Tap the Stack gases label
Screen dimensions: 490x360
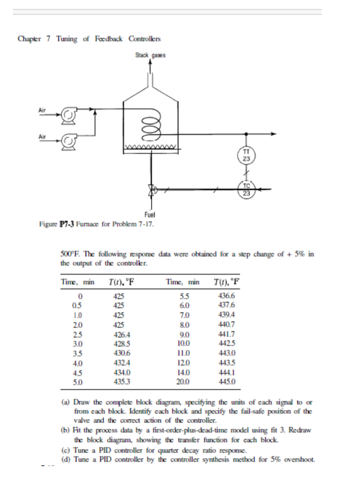coord(151,55)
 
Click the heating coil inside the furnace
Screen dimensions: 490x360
coord(151,126)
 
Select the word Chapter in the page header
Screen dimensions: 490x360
coord(30,39)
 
